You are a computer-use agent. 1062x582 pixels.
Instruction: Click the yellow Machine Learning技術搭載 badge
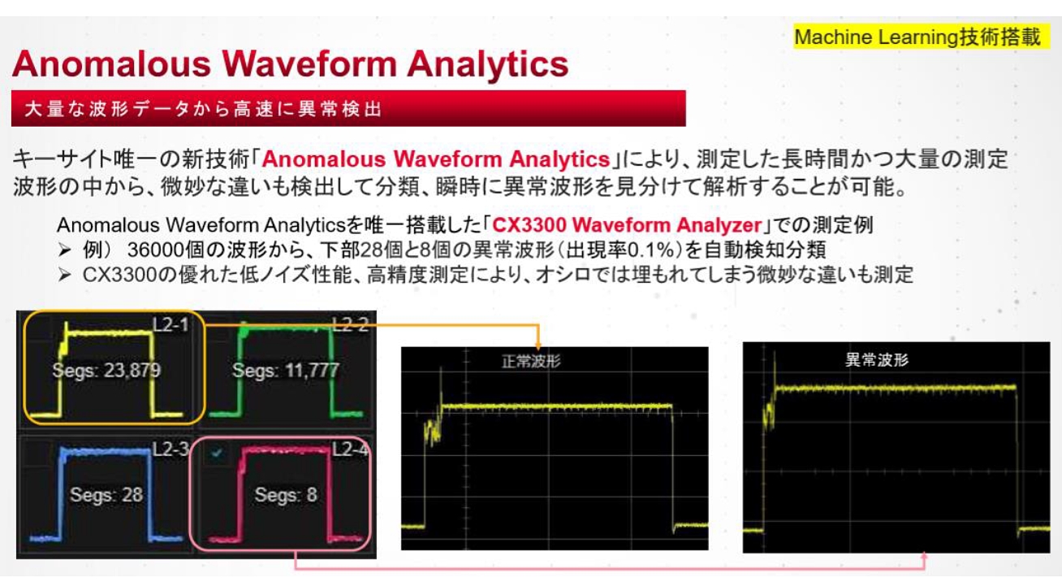[x=922, y=37]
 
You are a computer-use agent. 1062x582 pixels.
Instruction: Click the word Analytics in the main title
[x=487, y=64]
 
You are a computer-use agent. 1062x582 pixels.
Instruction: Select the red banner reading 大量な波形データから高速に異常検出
[x=348, y=108]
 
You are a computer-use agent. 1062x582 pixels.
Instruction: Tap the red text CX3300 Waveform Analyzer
[x=627, y=224]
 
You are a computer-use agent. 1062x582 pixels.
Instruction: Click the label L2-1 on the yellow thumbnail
[x=171, y=324]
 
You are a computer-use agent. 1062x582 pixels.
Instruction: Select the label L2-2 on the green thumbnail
[x=350, y=324]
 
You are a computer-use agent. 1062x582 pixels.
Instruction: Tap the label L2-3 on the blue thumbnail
[x=171, y=449]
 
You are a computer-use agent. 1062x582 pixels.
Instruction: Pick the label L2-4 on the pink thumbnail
[x=350, y=449]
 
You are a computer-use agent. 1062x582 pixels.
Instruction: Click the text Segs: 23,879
[x=106, y=371]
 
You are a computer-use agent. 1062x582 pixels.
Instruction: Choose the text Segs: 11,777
[x=286, y=371]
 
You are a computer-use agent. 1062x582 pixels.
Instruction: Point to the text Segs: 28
[x=106, y=495]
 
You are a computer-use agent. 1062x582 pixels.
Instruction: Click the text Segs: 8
[x=286, y=495]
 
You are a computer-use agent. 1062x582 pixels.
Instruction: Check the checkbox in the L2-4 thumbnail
[x=217, y=453]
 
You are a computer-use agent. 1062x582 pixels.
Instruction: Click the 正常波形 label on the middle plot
[x=531, y=362]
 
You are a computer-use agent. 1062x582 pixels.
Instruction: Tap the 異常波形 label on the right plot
[x=877, y=359]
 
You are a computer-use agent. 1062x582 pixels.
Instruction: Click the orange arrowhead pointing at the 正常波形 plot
[x=538, y=345]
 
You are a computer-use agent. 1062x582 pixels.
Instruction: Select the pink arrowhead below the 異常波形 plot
[x=924, y=555]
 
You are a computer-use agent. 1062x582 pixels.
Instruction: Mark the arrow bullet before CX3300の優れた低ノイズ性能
[x=65, y=275]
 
